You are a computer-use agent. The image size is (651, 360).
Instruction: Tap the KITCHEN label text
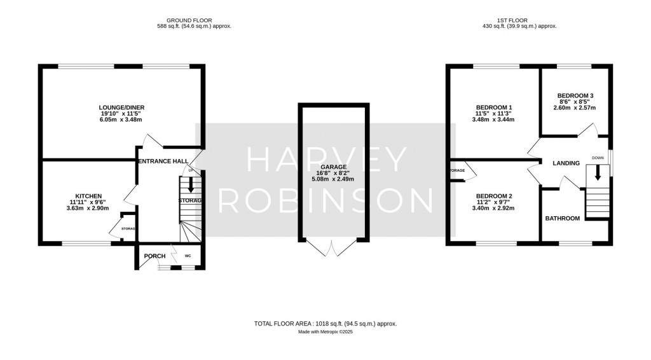coord(89,197)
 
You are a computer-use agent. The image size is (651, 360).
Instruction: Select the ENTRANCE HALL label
coord(163,162)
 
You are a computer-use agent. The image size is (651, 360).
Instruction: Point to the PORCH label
coord(154,256)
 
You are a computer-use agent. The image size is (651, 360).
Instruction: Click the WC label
coord(188,256)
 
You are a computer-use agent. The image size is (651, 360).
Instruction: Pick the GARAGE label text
coord(333,167)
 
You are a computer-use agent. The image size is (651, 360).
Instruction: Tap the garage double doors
coord(332,248)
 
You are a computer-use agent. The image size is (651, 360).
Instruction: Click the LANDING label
coord(566,163)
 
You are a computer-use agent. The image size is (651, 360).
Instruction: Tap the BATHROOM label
coord(563,219)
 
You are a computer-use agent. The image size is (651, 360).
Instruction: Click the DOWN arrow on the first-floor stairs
coord(597,173)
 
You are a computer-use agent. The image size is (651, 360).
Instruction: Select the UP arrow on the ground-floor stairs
coord(191,184)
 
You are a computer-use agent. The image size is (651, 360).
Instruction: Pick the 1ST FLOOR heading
coord(520,20)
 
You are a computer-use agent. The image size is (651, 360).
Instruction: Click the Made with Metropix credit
coord(325,332)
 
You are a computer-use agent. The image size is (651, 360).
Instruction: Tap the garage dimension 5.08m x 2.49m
coord(333,179)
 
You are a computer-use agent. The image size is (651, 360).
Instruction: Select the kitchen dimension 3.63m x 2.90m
coord(89,209)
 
